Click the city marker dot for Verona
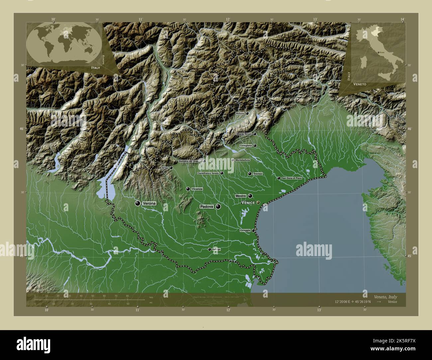tap(138, 203)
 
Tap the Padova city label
tap(206, 207)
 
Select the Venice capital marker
tap(258, 202)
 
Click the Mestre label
tap(240, 196)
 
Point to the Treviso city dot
tap(250, 174)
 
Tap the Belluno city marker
tap(247, 113)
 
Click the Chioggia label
tap(245, 230)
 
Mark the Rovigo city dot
tap(209, 249)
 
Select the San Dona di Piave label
tap(291, 178)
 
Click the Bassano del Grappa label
tap(190, 161)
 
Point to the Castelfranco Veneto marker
tap(222, 173)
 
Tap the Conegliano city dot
tap(255, 145)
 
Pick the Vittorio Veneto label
tap(244, 134)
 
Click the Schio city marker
tap(171, 168)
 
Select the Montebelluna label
tap(243, 160)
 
